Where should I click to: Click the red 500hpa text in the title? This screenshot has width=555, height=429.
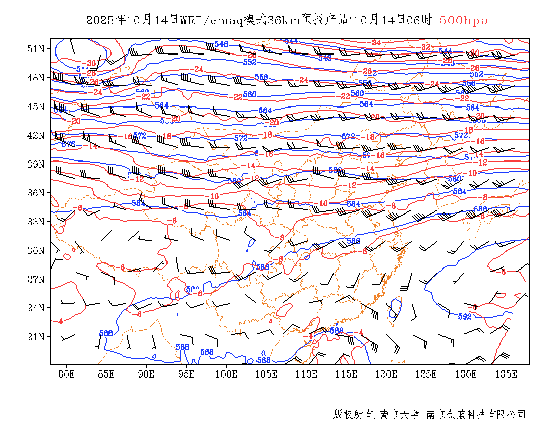(464, 21)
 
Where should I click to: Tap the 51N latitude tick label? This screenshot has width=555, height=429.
(36, 49)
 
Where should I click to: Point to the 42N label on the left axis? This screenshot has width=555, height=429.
(36, 135)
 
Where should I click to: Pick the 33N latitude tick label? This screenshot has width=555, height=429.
(36, 222)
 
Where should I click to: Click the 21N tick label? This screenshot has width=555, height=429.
(36, 337)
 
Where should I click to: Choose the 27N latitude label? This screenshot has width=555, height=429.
(36, 279)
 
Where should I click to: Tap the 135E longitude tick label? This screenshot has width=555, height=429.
(506, 374)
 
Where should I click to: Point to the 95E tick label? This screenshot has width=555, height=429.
(186, 374)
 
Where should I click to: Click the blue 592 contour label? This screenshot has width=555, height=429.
(464, 317)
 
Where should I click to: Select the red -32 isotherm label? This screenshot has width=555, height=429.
(425, 47)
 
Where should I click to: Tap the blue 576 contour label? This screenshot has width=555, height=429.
(68, 144)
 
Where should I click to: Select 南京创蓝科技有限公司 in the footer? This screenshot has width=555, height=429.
(476, 415)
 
